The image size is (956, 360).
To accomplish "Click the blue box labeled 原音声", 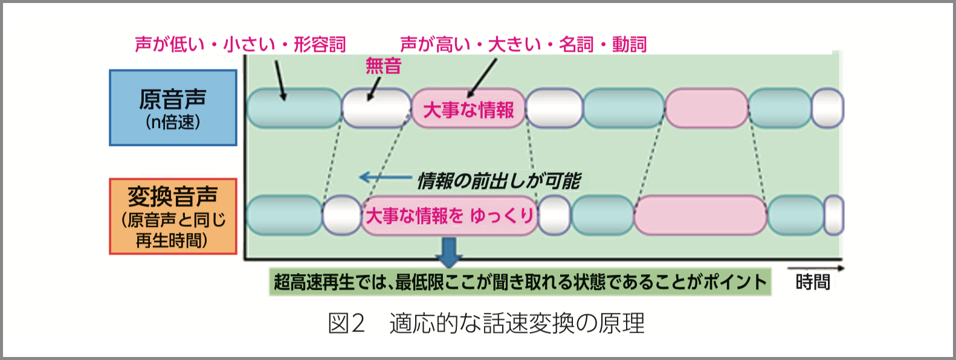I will [x=173, y=108].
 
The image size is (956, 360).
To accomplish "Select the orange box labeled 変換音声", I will [x=173, y=216].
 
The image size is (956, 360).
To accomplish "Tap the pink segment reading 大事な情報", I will [x=468, y=109].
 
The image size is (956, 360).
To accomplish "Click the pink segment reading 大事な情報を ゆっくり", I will [x=450, y=216].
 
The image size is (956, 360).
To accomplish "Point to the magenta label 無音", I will [x=383, y=66].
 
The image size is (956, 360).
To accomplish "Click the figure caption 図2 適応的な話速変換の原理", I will [x=486, y=324].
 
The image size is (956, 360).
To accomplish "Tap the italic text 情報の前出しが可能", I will [x=499, y=180].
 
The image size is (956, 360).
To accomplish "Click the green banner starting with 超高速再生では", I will [x=520, y=282].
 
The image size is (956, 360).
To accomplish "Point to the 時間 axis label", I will [x=813, y=282].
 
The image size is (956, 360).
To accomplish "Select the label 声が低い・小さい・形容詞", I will [x=241, y=44].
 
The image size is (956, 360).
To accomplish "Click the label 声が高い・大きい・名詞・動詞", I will [x=523, y=44].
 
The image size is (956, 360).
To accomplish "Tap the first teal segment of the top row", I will [x=294, y=108].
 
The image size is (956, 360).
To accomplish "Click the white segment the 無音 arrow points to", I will [x=376, y=108].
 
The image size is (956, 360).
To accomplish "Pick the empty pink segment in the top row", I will [x=706, y=108].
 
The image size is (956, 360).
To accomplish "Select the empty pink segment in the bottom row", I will [x=700, y=215].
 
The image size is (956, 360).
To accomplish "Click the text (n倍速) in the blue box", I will [x=173, y=123].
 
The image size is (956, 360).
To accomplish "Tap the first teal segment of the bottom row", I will [x=284, y=215].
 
